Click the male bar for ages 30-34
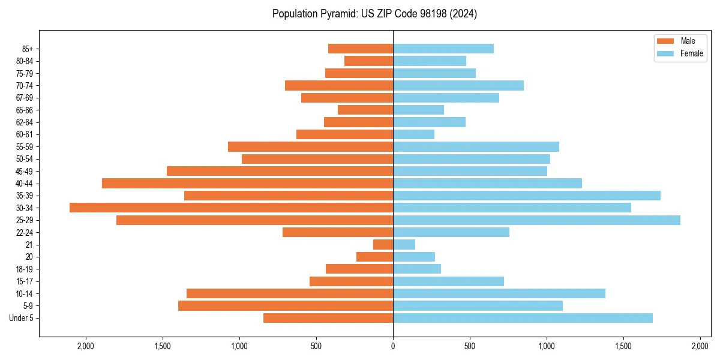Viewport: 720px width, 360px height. [x=231, y=208]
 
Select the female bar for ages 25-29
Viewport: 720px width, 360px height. [x=536, y=220]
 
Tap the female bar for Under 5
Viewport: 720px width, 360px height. [x=523, y=318]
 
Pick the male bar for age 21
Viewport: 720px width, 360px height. [x=383, y=245]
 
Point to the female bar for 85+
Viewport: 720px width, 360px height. [x=443, y=49]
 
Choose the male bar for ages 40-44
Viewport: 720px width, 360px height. [x=247, y=183]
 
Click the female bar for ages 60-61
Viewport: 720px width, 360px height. [x=413, y=134]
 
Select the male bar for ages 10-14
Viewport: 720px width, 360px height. [x=290, y=293]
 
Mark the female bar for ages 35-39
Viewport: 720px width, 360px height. [x=527, y=196]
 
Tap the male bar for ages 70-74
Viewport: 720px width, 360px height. [x=339, y=85]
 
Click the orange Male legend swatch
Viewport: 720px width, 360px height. [x=665, y=41]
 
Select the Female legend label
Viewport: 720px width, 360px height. [x=691, y=53]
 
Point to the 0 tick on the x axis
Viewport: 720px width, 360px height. [x=393, y=346]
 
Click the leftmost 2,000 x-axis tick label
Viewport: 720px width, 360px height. [x=86, y=346]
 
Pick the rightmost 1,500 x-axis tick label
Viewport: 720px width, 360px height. [x=623, y=346]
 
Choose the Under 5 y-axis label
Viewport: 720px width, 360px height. [x=22, y=318]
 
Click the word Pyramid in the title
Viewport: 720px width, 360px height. [x=337, y=14]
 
